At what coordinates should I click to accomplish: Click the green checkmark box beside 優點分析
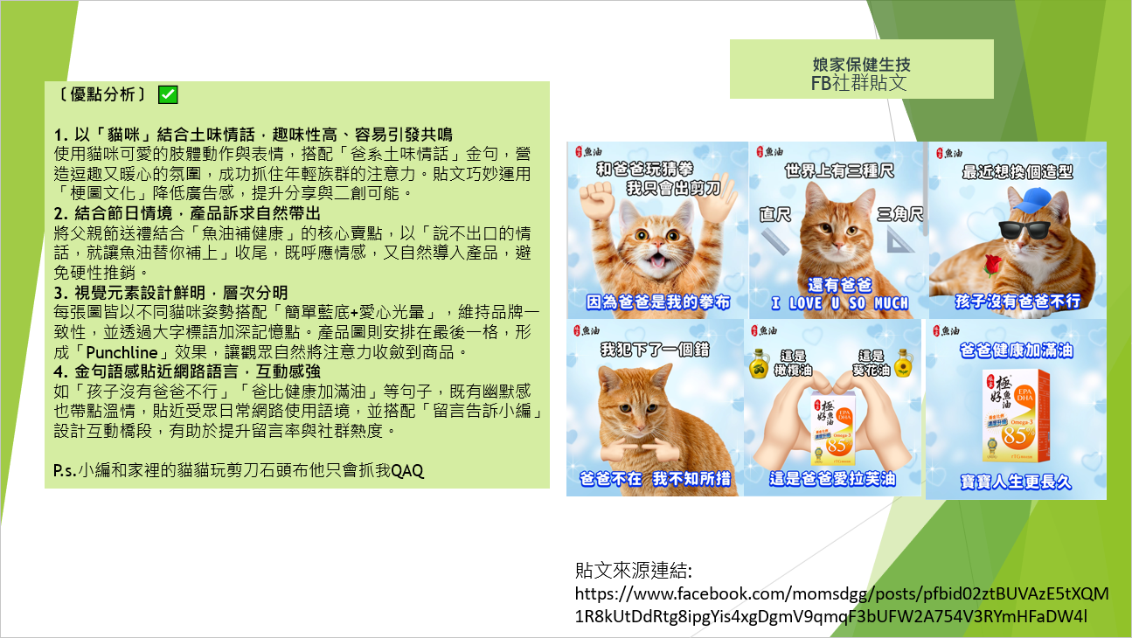click(168, 94)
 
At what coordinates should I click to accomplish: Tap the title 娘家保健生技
click(861, 65)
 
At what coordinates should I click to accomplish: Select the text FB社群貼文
click(859, 83)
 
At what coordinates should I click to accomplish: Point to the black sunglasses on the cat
click(1024, 230)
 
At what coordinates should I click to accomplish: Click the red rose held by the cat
click(992, 265)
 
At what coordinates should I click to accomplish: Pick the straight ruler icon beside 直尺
click(775, 241)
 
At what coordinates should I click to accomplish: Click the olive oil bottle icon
click(759, 364)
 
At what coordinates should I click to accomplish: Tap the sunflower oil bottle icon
click(904, 363)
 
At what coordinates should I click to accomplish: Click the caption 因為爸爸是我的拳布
click(658, 302)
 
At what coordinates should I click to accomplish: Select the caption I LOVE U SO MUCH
click(839, 303)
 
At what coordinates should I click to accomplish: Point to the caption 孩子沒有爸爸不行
click(1017, 301)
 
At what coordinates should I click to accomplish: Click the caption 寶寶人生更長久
click(1016, 482)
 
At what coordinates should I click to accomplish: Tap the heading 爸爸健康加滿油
click(1016, 350)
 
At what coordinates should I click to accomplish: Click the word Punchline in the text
click(122, 352)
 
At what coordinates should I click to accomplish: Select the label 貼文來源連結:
click(633, 571)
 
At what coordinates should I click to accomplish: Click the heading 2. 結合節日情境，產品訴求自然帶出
click(187, 213)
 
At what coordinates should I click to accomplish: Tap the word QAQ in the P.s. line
click(406, 470)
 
